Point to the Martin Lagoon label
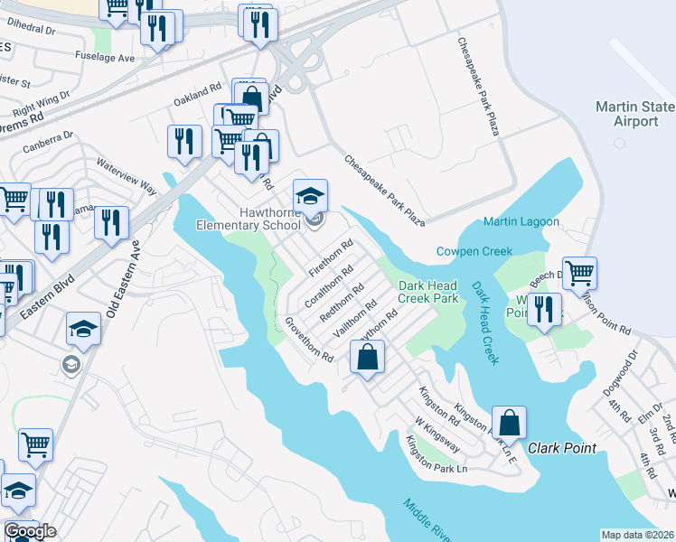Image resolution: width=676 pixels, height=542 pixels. (x=521, y=222)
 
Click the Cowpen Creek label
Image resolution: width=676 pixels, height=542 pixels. (x=474, y=251)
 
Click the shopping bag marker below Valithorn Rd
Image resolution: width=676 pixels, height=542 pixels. (x=368, y=358)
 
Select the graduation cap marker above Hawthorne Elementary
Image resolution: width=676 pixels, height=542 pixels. (x=310, y=196)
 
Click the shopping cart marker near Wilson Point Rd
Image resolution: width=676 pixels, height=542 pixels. (x=579, y=271)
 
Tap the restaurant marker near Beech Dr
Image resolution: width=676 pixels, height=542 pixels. (x=543, y=309)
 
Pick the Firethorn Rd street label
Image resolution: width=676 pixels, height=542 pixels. (x=329, y=258)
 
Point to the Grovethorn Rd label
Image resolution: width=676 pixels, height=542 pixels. (x=309, y=340)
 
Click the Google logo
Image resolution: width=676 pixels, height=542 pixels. (x=30, y=531)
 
